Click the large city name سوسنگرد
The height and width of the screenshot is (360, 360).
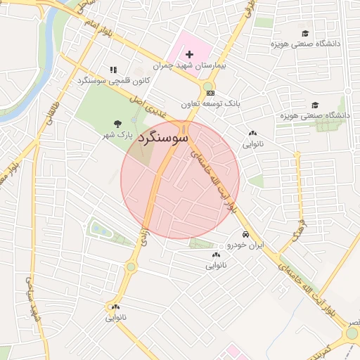tap(164, 138)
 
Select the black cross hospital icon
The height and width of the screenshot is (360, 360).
tap(189, 54)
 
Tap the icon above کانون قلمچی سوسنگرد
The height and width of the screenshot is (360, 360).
tap(112, 70)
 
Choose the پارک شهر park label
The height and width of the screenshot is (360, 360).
tap(116, 133)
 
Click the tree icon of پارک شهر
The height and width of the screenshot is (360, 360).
tap(117, 122)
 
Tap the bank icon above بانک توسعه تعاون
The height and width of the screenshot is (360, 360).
tap(210, 92)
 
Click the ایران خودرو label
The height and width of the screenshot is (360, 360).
tap(244, 245)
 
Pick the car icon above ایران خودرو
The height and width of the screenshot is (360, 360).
tap(245, 234)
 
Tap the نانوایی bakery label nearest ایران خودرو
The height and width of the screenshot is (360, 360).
tap(217, 266)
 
